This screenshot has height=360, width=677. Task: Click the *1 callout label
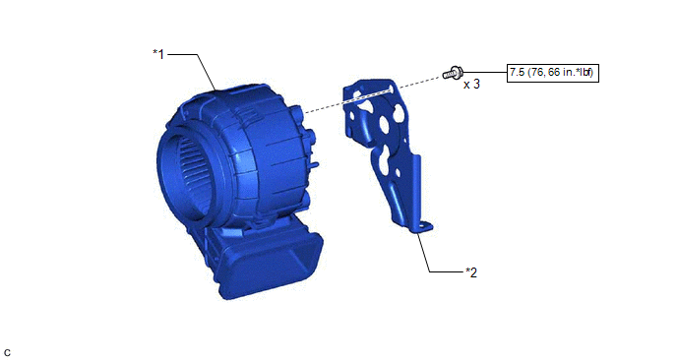pyautogui.click(x=158, y=54)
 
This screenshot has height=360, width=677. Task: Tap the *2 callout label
pyautogui.click(x=471, y=272)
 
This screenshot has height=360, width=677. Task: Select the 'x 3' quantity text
pyautogui.click(x=471, y=85)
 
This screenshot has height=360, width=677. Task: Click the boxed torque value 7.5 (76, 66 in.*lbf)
pyautogui.click(x=553, y=73)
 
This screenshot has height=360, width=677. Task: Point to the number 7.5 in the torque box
pyautogui.click(x=517, y=72)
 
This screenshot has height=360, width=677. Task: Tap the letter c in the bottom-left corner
pyautogui.click(x=7, y=353)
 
